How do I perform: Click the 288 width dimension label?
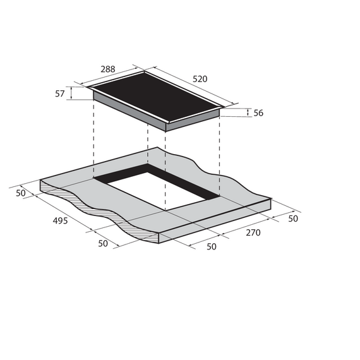[x=107, y=69]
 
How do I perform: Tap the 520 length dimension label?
[x=200, y=79]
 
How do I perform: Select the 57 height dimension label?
[x=60, y=93]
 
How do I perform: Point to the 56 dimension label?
[x=258, y=113]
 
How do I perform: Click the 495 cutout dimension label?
[x=61, y=220]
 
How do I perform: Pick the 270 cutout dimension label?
[x=253, y=232]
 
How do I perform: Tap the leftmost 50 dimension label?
[x=21, y=193]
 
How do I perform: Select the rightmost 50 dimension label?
[x=293, y=219]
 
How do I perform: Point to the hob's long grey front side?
[x=129, y=110]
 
